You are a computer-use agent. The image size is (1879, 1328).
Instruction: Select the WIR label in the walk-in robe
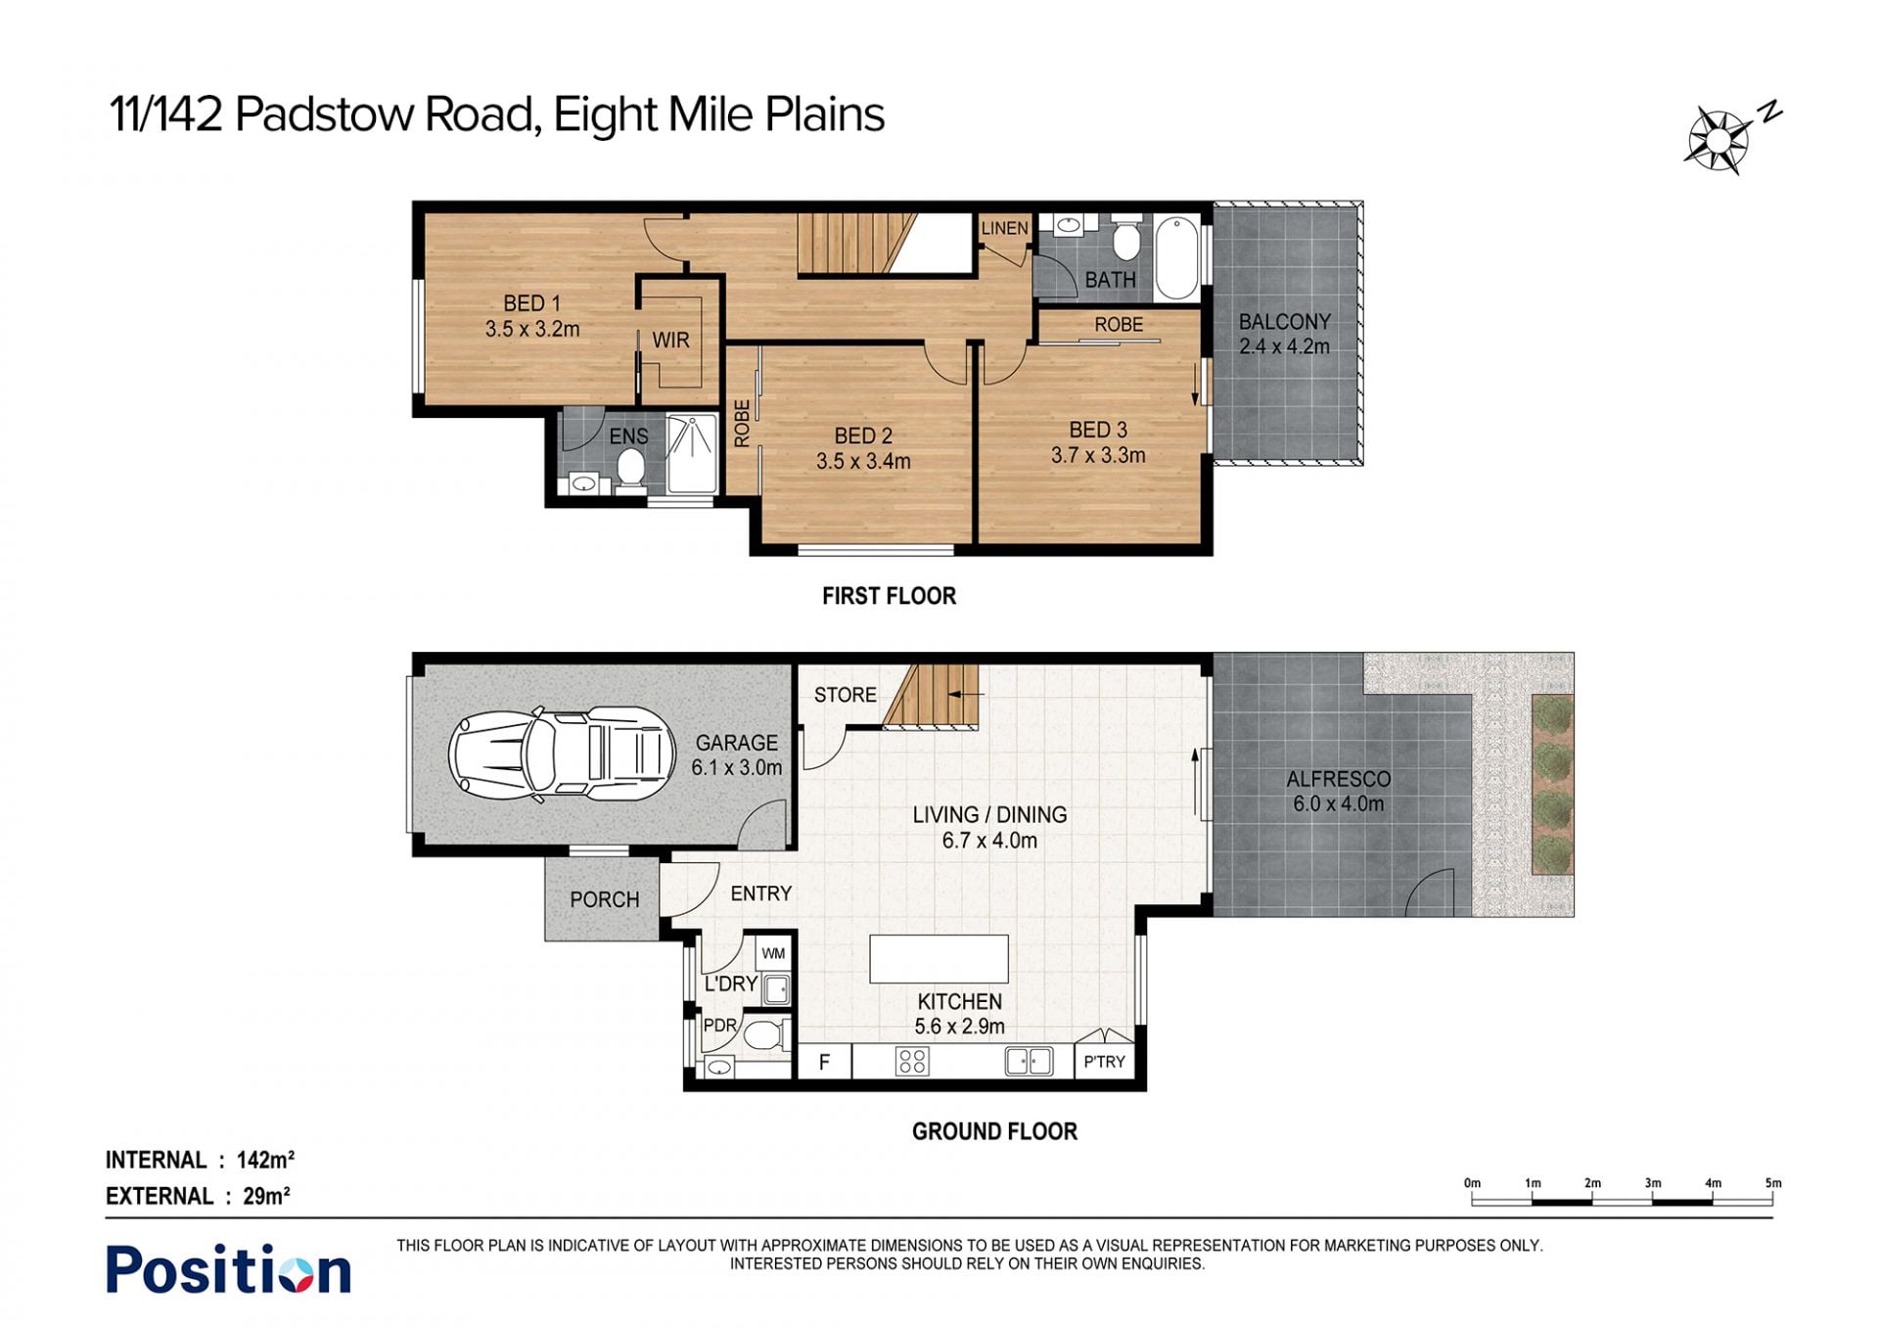click(x=671, y=341)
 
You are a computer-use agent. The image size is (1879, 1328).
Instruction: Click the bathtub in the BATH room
click(x=1176, y=258)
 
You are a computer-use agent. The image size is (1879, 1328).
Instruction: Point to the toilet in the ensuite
click(x=631, y=469)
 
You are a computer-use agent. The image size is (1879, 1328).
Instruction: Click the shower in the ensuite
click(x=692, y=454)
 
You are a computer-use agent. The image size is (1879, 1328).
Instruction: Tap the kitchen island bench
click(x=939, y=958)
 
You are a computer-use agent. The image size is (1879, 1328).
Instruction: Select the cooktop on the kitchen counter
click(x=912, y=1062)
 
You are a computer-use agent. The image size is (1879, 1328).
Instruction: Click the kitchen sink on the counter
click(x=1029, y=1062)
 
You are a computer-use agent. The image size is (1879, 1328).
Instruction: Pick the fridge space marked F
click(x=824, y=1062)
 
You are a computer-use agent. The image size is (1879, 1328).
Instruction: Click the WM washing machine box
click(x=773, y=953)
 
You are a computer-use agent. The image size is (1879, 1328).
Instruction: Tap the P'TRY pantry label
click(x=1104, y=1062)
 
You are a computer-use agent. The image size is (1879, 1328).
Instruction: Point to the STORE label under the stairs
click(x=846, y=695)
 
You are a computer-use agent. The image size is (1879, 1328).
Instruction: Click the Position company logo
click(x=228, y=1269)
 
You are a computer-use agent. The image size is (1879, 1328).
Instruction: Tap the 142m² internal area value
click(x=265, y=1160)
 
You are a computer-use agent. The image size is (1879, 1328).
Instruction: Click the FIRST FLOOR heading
click(x=889, y=596)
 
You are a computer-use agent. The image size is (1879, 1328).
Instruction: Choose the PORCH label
click(x=605, y=899)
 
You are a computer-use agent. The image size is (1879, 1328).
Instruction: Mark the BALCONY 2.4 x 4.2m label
click(x=1284, y=334)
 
